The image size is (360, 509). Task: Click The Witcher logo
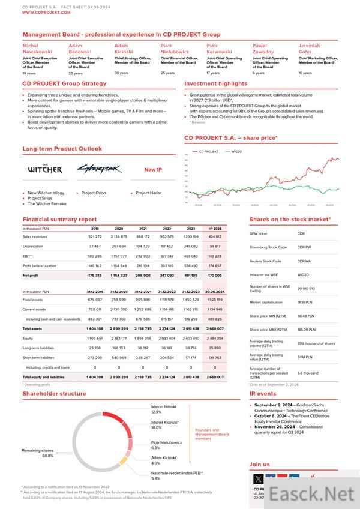(45, 169)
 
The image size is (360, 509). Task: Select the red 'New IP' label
(153, 170)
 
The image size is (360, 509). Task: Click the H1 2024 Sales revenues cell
(213, 236)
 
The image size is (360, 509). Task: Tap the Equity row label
(29, 338)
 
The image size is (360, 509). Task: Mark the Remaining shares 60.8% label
(38, 453)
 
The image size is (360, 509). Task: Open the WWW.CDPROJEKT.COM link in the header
(41, 11)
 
